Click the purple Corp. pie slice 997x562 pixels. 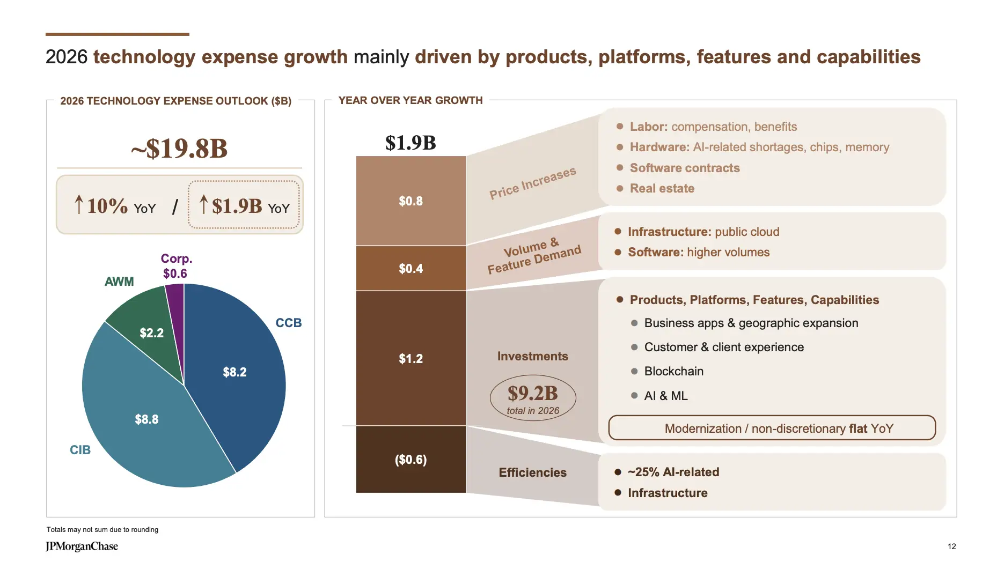(175, 306)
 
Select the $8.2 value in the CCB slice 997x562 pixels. (234, 372)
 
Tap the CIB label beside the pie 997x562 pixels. (80, 450)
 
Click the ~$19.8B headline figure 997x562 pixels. (179, 149)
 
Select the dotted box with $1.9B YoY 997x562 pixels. (244, 205)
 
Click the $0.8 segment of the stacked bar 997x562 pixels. (410, 201)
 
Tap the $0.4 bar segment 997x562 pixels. (410, 268)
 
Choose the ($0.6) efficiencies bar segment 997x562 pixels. (410, 460)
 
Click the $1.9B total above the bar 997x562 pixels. (410, 143)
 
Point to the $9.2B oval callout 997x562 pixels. (533, 398)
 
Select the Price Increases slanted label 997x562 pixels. (532, 183)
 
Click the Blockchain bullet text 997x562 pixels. (673, 371)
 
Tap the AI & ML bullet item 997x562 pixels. (665, 396)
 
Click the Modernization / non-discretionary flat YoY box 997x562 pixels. (772, 428)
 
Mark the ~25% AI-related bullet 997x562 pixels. (673, 472)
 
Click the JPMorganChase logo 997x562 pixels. (82, 546)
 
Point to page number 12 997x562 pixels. (951, 546)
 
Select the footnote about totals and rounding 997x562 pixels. (102, 529)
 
